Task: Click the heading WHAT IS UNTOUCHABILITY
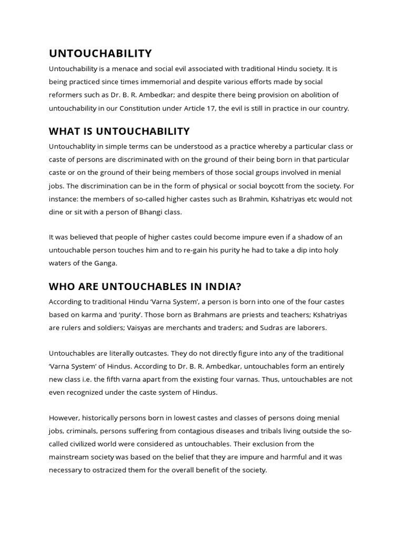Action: [x=119, y=131]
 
